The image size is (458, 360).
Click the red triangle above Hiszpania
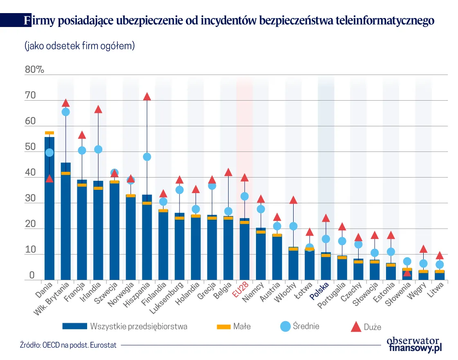147,97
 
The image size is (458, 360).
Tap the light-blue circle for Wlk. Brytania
65,112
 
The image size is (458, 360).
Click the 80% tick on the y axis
34,70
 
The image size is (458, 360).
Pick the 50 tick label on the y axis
30,147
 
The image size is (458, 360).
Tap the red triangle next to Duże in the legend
356,326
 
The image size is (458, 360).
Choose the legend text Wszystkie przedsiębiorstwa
139,326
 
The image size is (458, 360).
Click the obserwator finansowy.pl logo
414,344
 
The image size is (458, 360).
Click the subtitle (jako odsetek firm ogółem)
79,46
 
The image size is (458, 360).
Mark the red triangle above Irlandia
98,109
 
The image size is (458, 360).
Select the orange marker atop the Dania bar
49,133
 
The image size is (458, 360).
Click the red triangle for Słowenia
407,273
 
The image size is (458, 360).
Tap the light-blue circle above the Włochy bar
293,226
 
